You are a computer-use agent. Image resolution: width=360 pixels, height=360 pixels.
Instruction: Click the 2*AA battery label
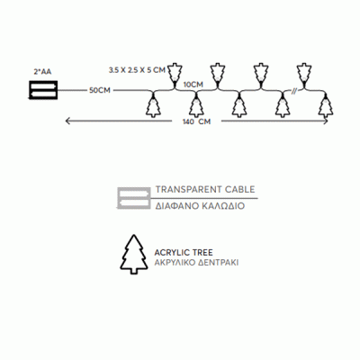[42, 72]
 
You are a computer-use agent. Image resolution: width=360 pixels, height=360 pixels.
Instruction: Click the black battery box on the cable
[42, 90]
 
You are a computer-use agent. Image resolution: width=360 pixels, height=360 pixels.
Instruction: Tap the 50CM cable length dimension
[100, 90]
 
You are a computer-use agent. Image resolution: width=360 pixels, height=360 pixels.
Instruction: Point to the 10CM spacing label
[193, 85]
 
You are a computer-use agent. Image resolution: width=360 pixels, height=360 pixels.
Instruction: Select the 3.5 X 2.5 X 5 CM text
[137, 70]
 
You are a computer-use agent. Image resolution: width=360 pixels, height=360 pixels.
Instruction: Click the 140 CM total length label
[197, 121]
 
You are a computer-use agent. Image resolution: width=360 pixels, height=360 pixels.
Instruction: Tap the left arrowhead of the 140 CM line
[68, 121]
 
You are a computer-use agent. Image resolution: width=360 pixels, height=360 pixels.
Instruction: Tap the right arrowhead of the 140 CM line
[325, 121]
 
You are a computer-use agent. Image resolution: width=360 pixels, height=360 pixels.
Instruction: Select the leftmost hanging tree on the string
[153, 105]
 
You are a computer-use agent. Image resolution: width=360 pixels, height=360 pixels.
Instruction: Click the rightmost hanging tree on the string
[325, 105]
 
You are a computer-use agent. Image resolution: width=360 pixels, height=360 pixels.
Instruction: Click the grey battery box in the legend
[134, 198]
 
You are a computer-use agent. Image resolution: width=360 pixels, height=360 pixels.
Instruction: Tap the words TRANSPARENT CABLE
[205, 190]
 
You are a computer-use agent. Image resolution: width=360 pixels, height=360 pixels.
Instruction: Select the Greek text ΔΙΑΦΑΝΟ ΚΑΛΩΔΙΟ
[200, 206]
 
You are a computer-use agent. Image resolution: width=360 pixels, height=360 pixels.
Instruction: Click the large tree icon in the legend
[134, 255]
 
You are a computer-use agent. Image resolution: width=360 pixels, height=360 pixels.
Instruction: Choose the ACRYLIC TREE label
[184, 252]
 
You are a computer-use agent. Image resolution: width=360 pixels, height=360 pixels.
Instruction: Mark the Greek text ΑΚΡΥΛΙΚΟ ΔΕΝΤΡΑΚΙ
[196, 263]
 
